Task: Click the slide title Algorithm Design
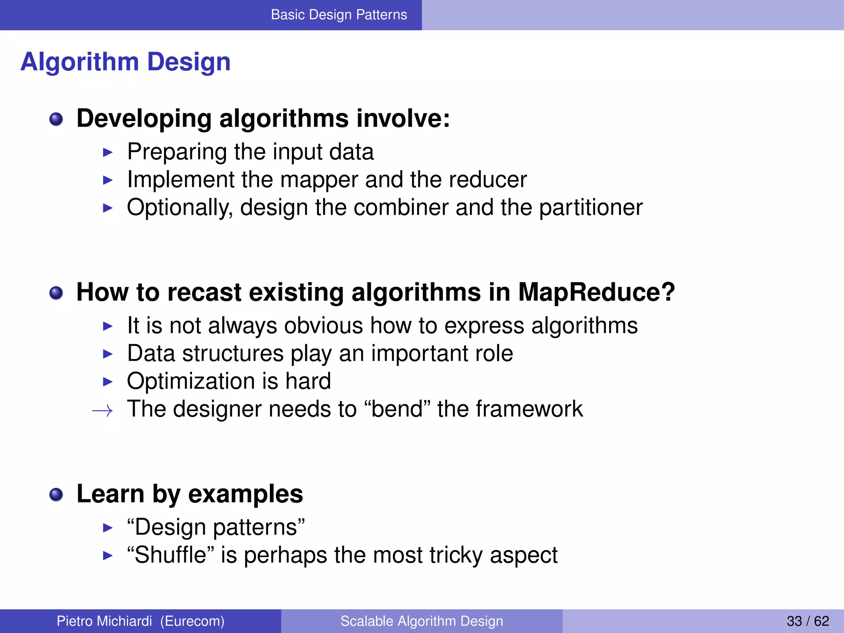tap(125, 62)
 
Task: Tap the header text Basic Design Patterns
tap(339, 15)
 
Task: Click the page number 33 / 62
tap(807, 621)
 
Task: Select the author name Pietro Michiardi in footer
tap(104, 621)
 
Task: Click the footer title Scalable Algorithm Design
tap(422, 621)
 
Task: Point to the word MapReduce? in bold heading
tap(596, 292)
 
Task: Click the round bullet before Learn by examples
tap(56, 494)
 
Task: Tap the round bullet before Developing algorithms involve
tap(56, 120)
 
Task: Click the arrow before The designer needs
tap(102, 410)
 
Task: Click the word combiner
tap(401, 207)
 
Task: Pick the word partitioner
tap(591, 208)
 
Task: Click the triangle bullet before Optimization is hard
tap(108, 382)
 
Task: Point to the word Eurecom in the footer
tap(192, 621)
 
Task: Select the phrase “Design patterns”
tap(216, 527)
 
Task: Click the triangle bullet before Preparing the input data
tap(108, 152)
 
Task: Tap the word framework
tap(529, 409)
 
